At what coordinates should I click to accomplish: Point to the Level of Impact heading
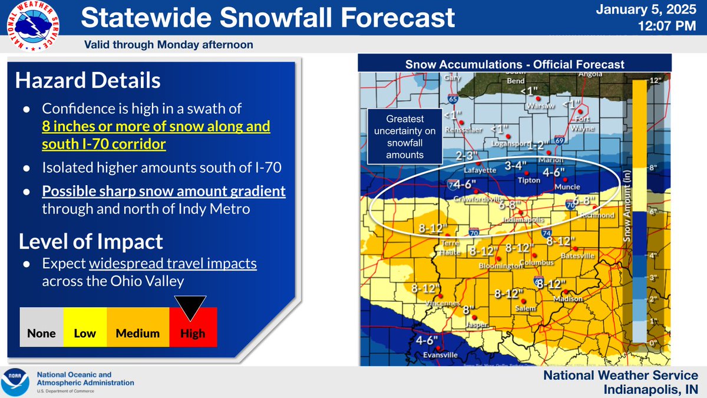(x=91, y=241)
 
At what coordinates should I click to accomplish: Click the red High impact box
(x=193, y=327)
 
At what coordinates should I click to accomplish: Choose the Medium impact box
(x=137, y=327)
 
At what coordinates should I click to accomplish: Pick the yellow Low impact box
(x=85, y=327)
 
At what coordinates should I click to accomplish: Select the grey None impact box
(x=41, y=327)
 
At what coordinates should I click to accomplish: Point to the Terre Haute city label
(x=448, y=248)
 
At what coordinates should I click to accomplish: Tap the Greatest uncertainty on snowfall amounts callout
(x=405, y=136)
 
